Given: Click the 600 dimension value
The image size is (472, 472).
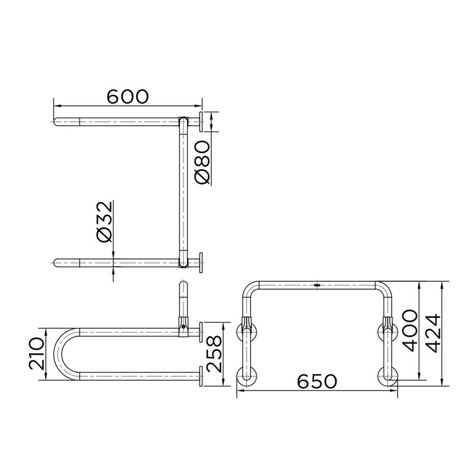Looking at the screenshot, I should click(127, 96).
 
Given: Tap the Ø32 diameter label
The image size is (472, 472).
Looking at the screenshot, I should click(105, 222).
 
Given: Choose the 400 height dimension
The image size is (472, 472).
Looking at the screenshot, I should click(410, 331).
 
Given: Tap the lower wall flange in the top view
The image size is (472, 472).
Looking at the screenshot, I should click(201, 262).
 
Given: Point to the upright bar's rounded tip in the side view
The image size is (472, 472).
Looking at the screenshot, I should click(184, 285).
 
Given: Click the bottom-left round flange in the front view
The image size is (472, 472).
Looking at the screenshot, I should click(246, 376).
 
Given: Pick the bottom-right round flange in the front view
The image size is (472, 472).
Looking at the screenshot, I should click(388, 376).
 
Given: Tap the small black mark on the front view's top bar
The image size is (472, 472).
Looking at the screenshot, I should click(317, 285).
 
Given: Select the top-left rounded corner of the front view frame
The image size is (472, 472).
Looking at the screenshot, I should click(250, 289).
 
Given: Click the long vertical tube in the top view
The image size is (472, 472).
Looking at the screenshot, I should click(183, 189).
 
